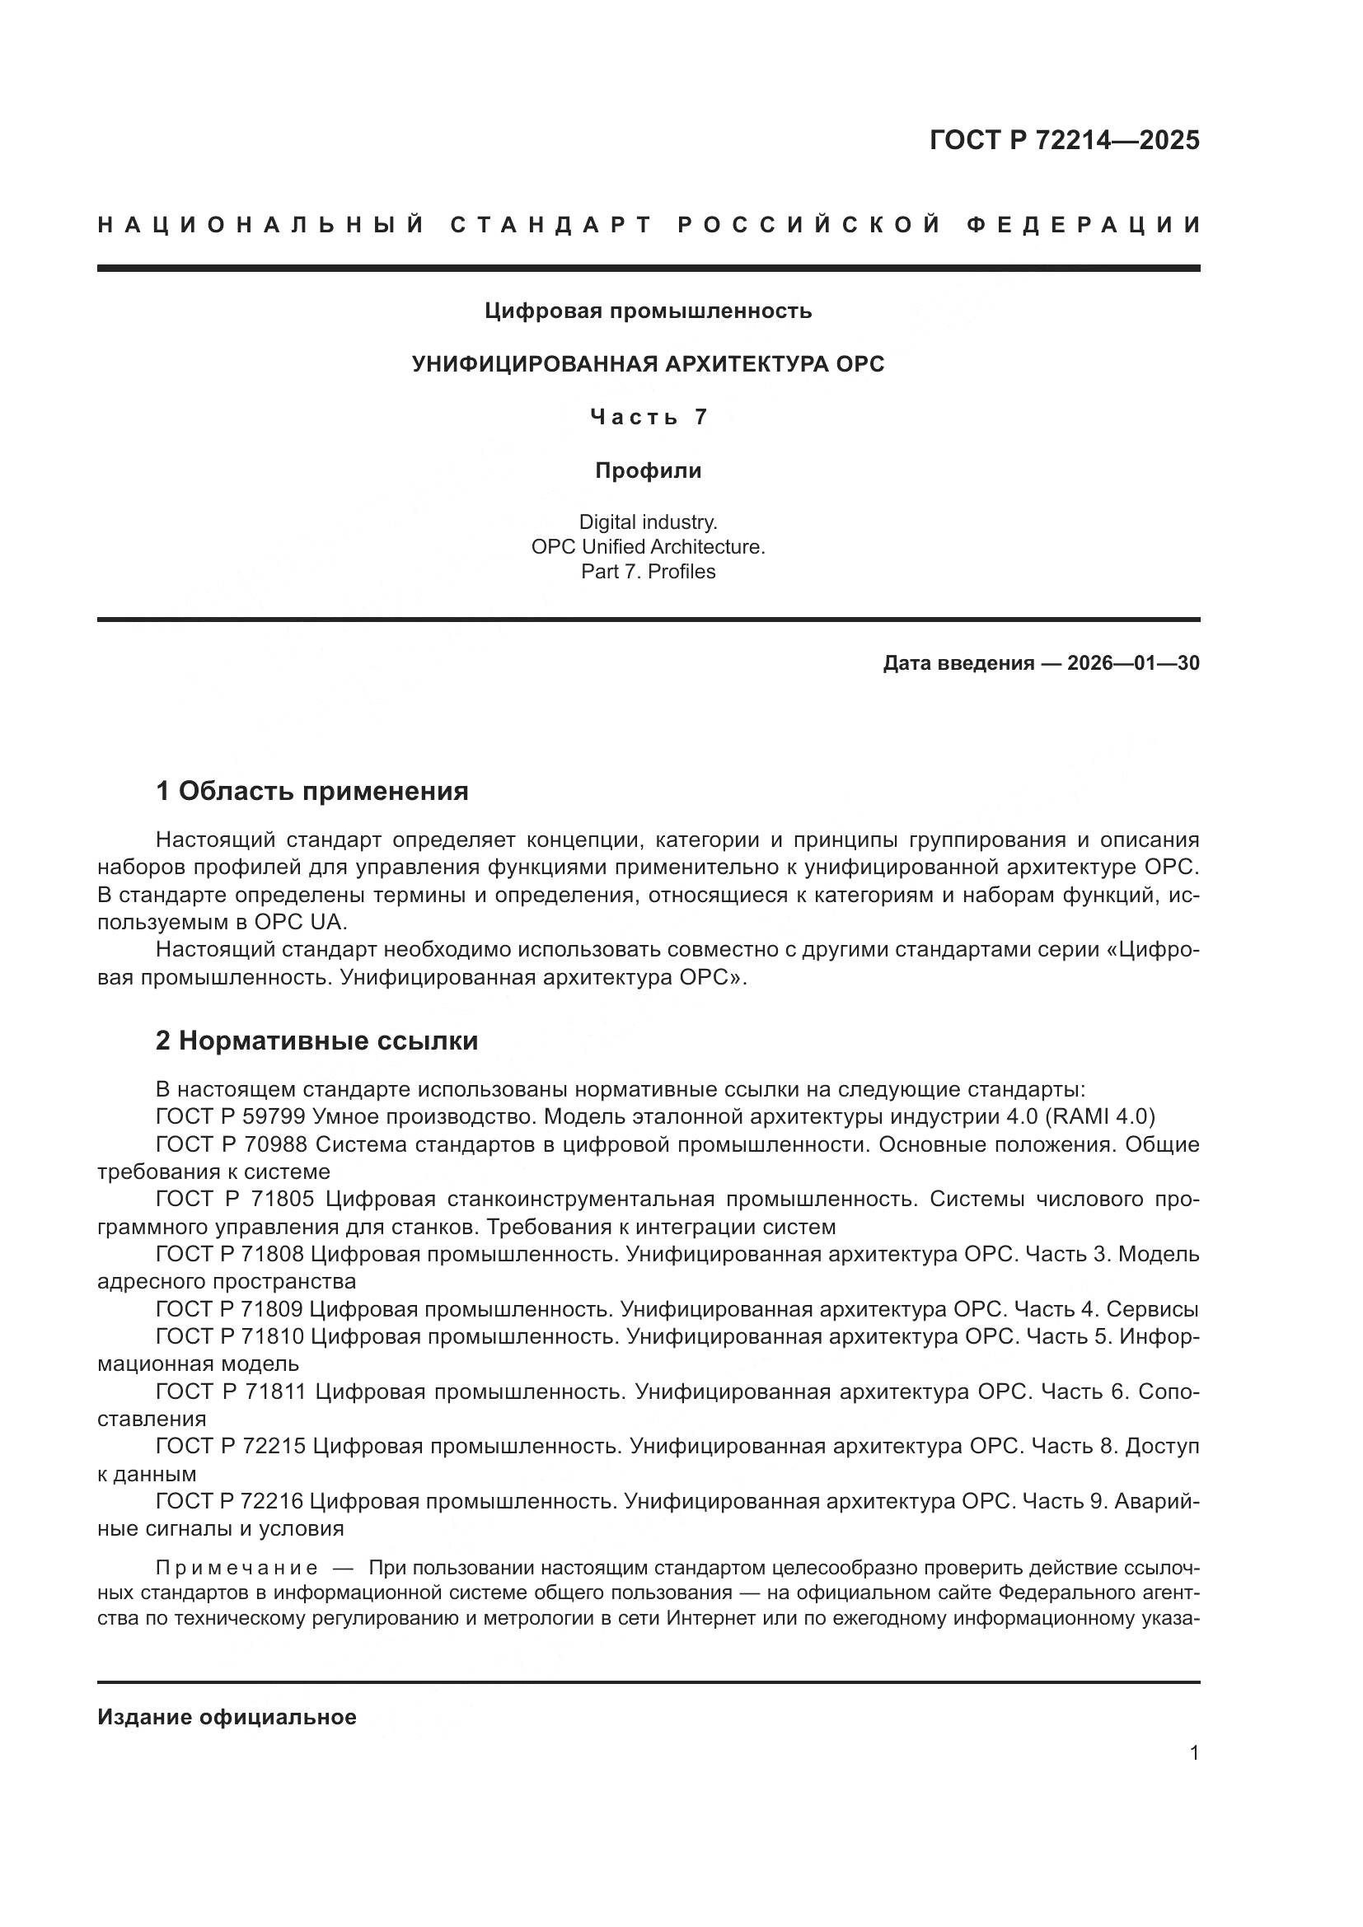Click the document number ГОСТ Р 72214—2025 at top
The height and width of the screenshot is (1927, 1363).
coord(1064,140)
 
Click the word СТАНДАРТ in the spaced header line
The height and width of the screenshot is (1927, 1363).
coord(551,225)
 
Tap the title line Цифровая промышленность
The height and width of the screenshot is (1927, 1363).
coord(648,311)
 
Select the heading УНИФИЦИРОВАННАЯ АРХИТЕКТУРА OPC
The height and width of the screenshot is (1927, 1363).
coord(648,364)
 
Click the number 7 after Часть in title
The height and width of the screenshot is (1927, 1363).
coord(700,417)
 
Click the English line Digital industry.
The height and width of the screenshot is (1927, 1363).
coord(648,522)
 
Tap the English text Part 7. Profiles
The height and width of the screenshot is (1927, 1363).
coord(648,572)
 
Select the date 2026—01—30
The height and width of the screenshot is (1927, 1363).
coord(1133,663)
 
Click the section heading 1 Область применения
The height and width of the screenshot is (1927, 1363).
coord(312,791)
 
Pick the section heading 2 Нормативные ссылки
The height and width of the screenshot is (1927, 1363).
coord(317,1041)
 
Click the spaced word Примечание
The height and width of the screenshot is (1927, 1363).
coord(237,1568)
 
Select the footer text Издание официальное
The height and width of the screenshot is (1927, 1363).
coord(227,1717)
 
